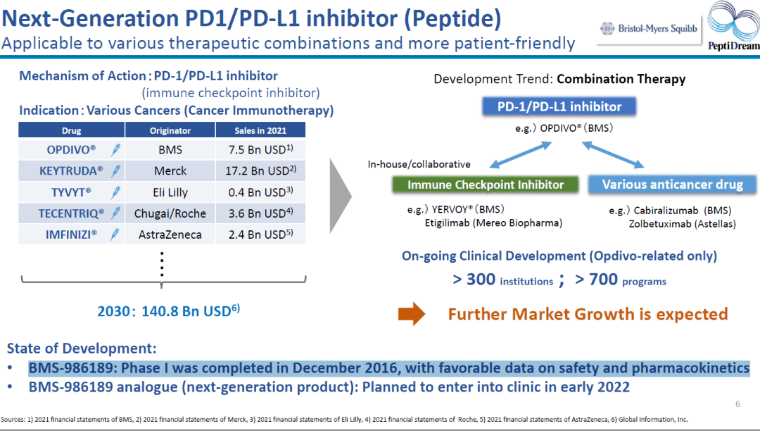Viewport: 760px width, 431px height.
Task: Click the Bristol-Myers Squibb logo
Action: coord(648,29)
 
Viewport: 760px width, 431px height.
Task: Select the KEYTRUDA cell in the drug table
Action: coord(71,170)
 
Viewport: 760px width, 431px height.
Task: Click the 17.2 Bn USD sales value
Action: coord(260,170)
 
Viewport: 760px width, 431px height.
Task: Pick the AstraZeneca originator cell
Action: coord(170,235)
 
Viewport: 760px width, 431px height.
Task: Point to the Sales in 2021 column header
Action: coord(260,130)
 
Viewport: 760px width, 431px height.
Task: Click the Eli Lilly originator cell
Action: coord(170,192)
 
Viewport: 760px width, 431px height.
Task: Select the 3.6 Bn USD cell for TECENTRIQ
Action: coord(260,213)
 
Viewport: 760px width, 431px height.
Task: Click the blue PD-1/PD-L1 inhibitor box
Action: coord(559,107)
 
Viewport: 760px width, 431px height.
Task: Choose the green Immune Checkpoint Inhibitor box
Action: coord(486,185)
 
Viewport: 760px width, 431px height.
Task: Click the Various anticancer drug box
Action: coord(673,185)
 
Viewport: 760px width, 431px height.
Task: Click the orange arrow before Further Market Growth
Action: coord(411,313)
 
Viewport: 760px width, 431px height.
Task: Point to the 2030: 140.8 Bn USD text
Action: coord(169,311)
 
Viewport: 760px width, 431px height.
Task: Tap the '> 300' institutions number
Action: coord(474,280)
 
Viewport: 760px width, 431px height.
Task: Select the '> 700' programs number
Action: coord(596,280)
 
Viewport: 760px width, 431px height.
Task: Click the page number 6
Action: coord(737,404)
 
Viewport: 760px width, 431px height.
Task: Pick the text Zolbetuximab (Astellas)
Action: coord(682,224)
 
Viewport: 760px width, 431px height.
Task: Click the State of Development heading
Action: coord(82,349)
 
